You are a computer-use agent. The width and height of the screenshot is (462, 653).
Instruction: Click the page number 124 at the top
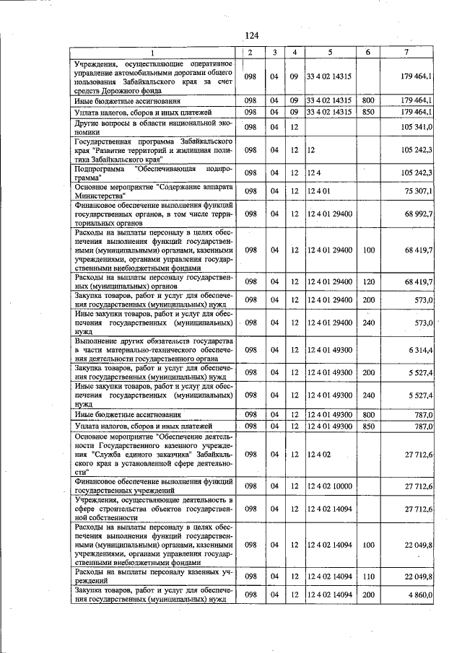(x=251, y=36)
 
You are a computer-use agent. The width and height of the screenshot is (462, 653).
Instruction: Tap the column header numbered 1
(x=152, y=53)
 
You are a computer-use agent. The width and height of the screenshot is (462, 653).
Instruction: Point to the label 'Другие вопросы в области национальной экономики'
(x=152, y=127)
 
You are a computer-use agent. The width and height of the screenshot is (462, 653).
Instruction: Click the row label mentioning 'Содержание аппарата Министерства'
(x=152, y=190)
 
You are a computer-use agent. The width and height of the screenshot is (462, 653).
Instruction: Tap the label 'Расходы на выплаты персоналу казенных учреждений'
(x=152, y=576)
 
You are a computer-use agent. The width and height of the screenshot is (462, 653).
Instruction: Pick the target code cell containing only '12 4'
(x=313, y=173)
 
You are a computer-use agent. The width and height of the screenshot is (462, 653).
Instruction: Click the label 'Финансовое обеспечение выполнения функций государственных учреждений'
(x=152, y=486)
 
